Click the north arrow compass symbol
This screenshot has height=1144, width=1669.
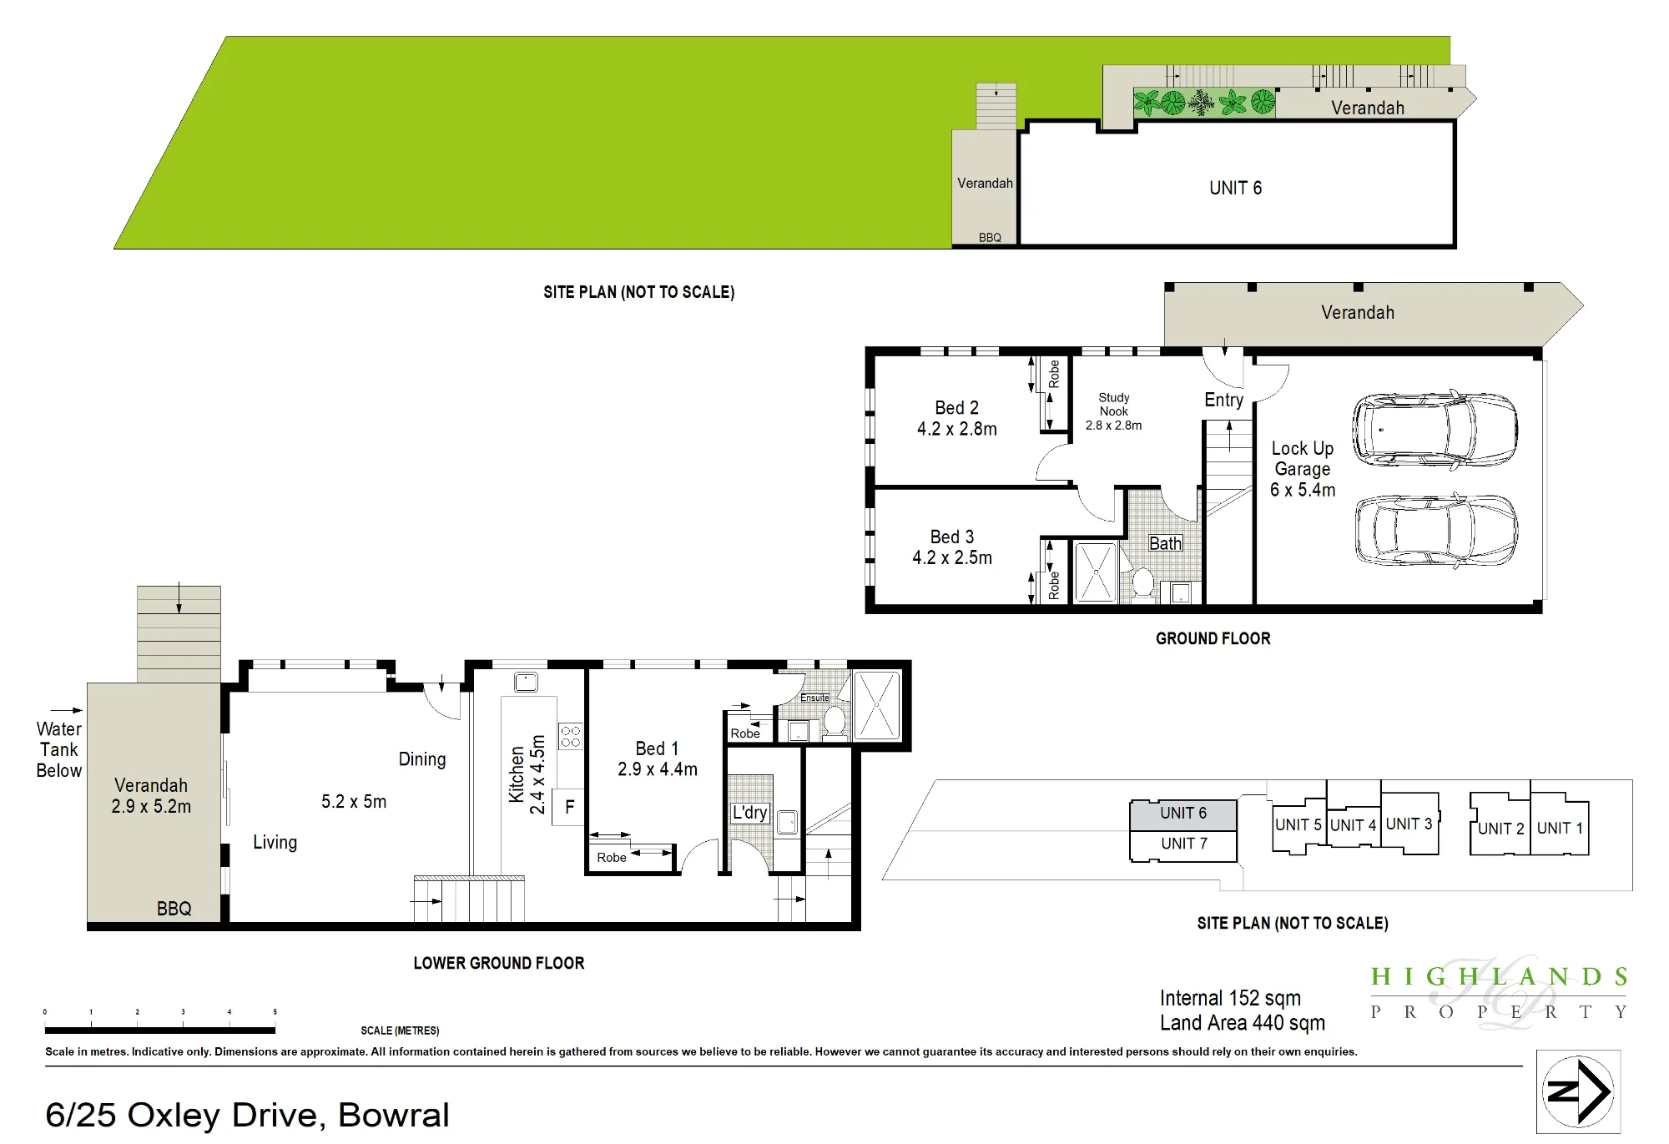tap(1578, 1091)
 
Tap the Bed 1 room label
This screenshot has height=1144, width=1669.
tap(657, 748)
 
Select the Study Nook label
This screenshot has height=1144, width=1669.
tap(1113, 404)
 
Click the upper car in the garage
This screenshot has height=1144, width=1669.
tap(1435, 430)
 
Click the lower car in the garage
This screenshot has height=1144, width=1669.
tap(1436, 531)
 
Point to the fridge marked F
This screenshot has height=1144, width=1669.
tap(569, 807)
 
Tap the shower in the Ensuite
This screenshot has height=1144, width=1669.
tap(876, 705)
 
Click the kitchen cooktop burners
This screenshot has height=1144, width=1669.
tap(571, 735)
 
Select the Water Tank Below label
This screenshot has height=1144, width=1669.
tap(59, 749)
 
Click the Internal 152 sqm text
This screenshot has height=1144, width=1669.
tap(1230, 998)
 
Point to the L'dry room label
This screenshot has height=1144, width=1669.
tap(749, 813)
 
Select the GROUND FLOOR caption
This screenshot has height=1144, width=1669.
tap(1213, 638)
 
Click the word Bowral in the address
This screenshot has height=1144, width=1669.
tap(394, 1115)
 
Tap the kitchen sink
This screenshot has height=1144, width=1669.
tap(526, 682)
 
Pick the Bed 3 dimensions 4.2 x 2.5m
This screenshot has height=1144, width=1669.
tap(952, 557)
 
